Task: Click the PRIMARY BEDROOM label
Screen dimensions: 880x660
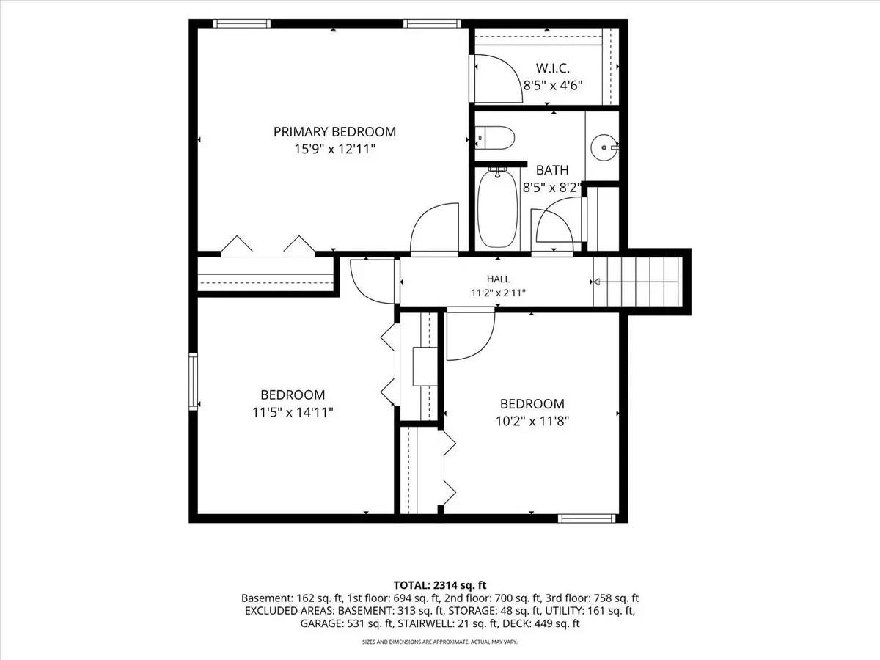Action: pyautogui.click(x=334, y=132)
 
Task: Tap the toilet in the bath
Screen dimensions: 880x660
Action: pyautogui.click(x=494, y=139)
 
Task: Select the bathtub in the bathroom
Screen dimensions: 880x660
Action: pyautogui.click(x=497, y=208)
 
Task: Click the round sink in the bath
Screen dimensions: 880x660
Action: pyautogui.click(x=604, y=147)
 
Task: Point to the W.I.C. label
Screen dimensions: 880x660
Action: pyautogui.click(x=552, y=68)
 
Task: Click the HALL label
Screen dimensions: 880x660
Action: pyautogui.click(x=499, y=279)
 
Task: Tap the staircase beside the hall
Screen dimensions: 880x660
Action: pyautogui.click(x=637, y=282)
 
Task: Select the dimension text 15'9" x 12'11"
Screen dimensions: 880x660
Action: pyautogui.click(x=334, y=150)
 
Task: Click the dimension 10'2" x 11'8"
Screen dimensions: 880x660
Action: pyautogui.click(x=532, y=421)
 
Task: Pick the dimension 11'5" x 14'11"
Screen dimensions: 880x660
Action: pyautogui.click(x=293, y=412)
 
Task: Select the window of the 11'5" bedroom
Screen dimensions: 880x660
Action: pyautogui.click(x=194, y=381)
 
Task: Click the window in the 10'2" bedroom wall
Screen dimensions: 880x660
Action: pyautogui.click(x=587, y=518)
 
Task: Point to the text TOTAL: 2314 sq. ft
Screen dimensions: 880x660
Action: pyautogui.click(x=440, y=585)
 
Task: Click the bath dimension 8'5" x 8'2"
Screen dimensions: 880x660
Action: pyautogui.click(x=552, y=188)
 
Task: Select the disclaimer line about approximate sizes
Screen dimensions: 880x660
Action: pyautogui.click(x=440, y=642)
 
